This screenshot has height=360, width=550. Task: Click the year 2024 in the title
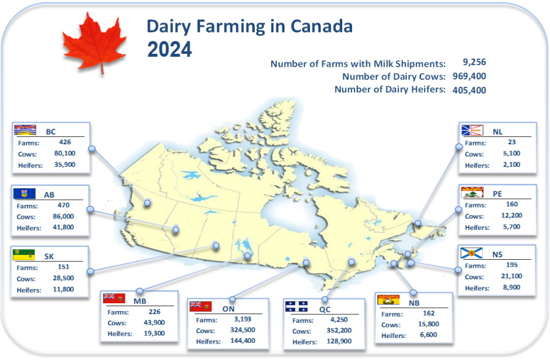click(x=169, y=49)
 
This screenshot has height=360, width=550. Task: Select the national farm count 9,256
click(x=474, y=62)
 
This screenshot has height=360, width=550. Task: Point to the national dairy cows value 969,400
click(x=469, y=76)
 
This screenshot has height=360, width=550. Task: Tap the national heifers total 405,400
click(x=469, y=90)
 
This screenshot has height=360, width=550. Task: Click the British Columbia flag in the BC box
click(x=25, y=130)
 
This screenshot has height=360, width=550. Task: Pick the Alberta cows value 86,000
click(x=64, y=216)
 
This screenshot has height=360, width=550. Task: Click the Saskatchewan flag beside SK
click(x=24, y=255)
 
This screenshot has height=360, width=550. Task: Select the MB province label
click(x=139, y=301)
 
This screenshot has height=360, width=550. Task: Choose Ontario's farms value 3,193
click(x=243, y=319)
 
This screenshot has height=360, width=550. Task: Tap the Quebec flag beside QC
click(x=296, y=307)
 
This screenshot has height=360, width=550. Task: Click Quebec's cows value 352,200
click(x=339, y=330)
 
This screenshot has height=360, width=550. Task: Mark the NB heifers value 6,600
click(x=428, y=335)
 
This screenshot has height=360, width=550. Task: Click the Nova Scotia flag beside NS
click(x=471, y=253)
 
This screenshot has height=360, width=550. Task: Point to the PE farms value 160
click(x=512, y=204)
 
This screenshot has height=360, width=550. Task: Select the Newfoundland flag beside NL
click(x=472, y=130)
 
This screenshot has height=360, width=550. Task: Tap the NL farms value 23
click(x=512, y=142)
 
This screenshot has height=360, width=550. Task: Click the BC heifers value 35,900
click(x=65, y=164)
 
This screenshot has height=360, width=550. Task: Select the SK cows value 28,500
click(x=64, y=278)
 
